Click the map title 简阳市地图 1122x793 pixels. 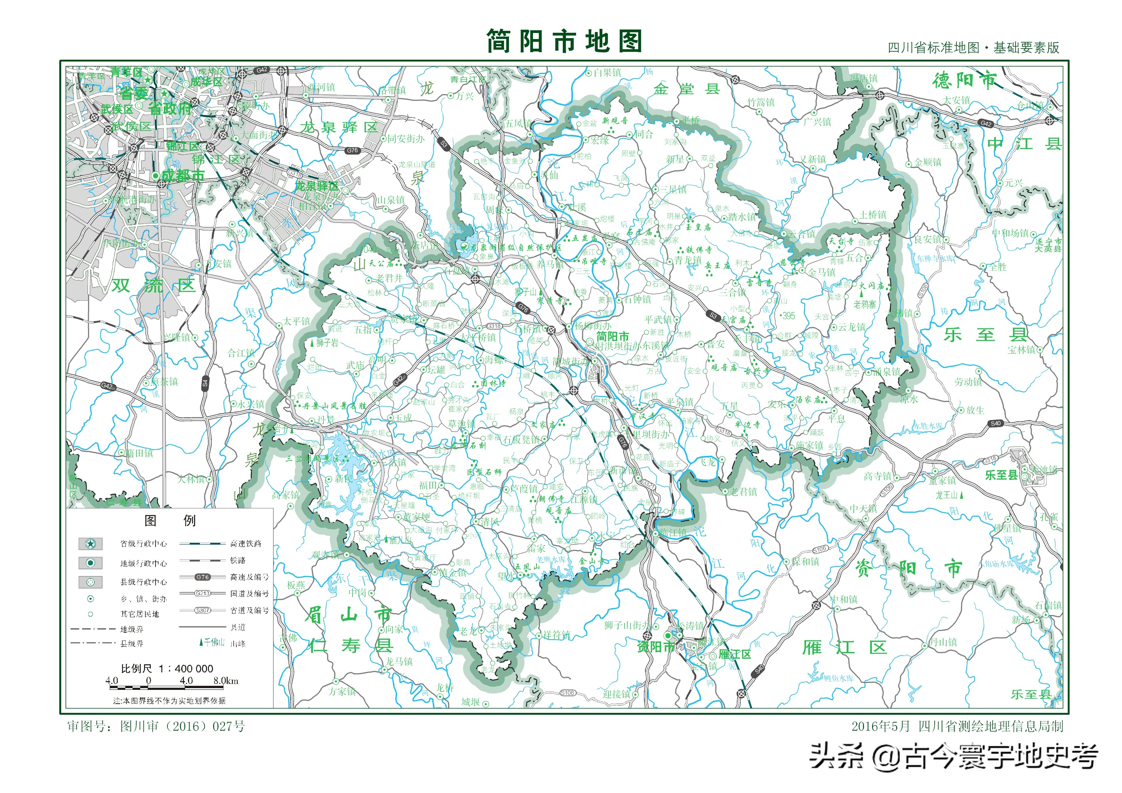click(x=563, y=41)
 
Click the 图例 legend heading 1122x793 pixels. click(x=170, y=520)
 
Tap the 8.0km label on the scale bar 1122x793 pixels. click(x=226, y=681)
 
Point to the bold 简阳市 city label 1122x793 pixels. click(x=612, y=336)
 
